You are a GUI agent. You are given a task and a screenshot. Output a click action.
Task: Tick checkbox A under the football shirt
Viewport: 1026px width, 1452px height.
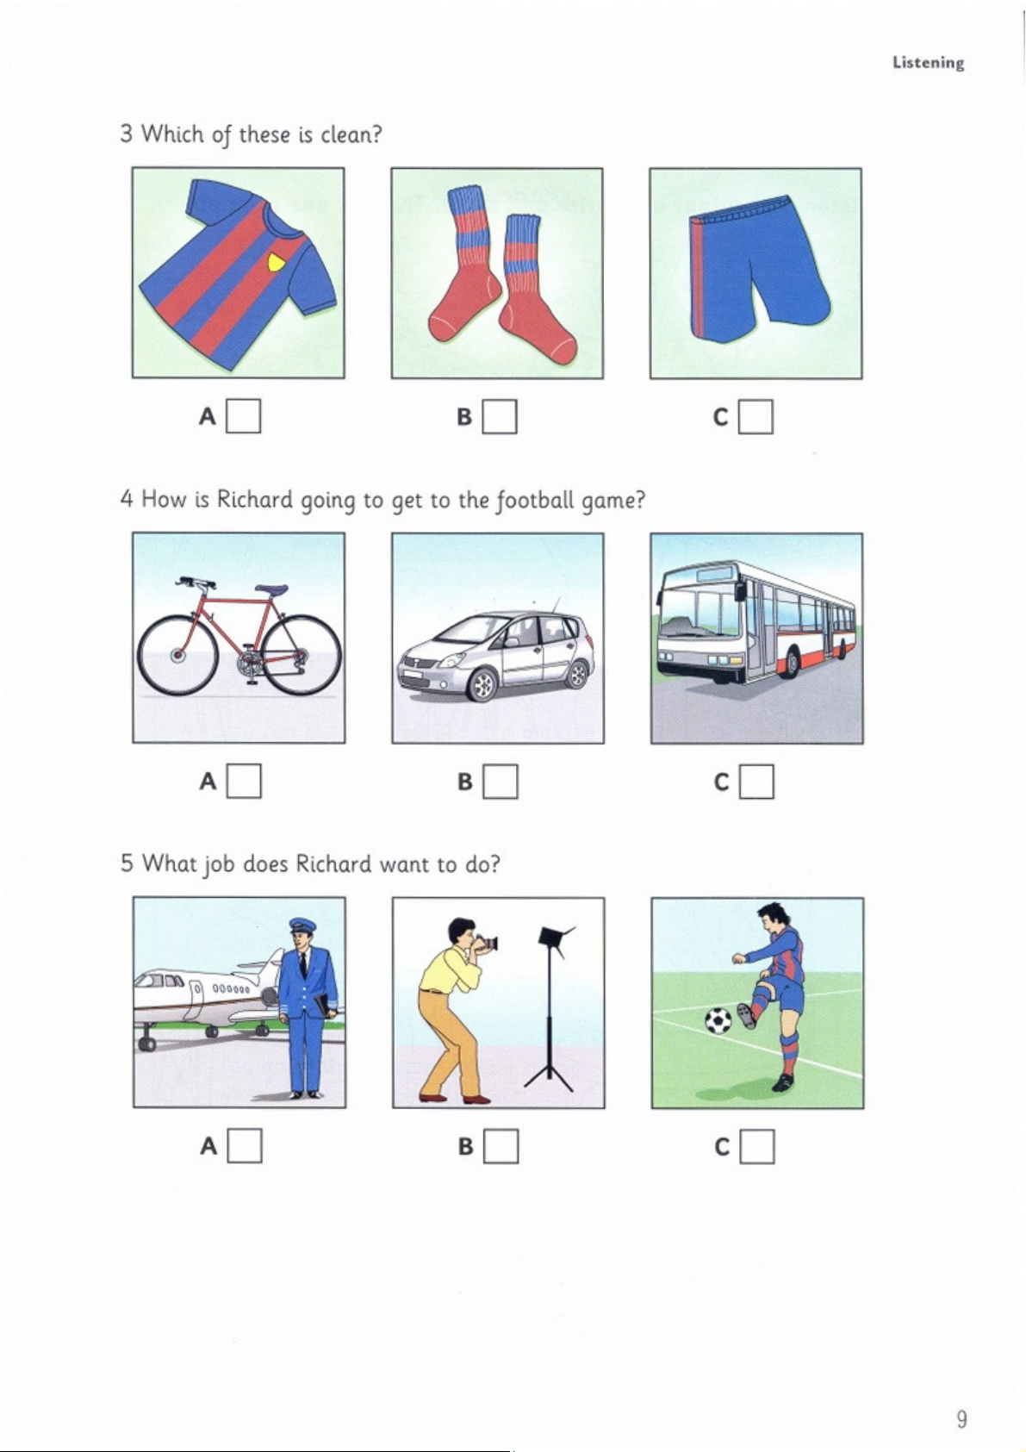pos(243,416)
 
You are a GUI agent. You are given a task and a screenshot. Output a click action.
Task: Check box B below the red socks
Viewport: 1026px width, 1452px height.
pos(500,416)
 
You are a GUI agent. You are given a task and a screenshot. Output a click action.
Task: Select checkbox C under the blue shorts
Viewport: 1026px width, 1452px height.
pos(756,416)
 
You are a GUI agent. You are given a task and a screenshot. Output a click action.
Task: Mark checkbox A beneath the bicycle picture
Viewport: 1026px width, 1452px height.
pos(244,781)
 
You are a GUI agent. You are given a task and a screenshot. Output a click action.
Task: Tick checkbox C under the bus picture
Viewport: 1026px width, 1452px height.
pos(756,781)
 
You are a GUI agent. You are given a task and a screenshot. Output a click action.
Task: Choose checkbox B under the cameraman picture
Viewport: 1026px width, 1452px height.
pos(501,1146)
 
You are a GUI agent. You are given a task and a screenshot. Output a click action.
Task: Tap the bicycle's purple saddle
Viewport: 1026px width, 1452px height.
pos(271,590)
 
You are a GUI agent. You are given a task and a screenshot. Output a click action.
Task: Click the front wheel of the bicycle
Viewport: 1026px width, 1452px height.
pos(176,655)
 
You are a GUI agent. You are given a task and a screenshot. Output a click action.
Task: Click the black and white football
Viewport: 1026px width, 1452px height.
pos(718,1021)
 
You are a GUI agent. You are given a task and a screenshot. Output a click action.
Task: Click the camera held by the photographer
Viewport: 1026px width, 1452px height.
pos(488,943)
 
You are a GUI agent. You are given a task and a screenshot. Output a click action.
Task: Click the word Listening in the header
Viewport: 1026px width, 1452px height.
pos(928,63)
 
